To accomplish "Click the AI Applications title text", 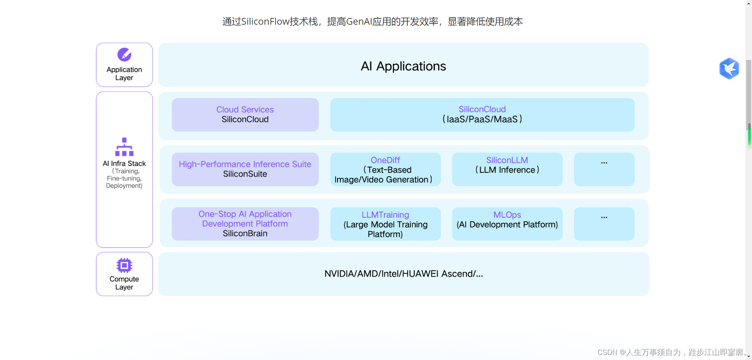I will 403,66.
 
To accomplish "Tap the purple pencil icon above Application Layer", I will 124,55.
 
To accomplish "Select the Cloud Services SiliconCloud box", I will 245,114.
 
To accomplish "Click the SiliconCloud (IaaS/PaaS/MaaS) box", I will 482,114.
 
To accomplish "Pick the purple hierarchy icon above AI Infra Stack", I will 124,147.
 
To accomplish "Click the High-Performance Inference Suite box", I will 245,169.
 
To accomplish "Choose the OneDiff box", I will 385,169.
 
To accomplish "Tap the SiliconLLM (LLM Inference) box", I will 507,169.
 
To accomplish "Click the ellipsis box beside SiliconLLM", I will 604,169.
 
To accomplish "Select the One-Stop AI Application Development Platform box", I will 245,223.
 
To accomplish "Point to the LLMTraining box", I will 385,224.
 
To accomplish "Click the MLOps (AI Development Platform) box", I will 507,224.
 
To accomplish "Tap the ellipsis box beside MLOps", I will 604,224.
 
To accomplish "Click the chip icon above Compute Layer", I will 124,265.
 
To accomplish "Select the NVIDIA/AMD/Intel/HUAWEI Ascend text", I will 403,274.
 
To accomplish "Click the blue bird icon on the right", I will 729,69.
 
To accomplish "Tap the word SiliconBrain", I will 245,233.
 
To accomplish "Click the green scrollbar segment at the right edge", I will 749,135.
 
